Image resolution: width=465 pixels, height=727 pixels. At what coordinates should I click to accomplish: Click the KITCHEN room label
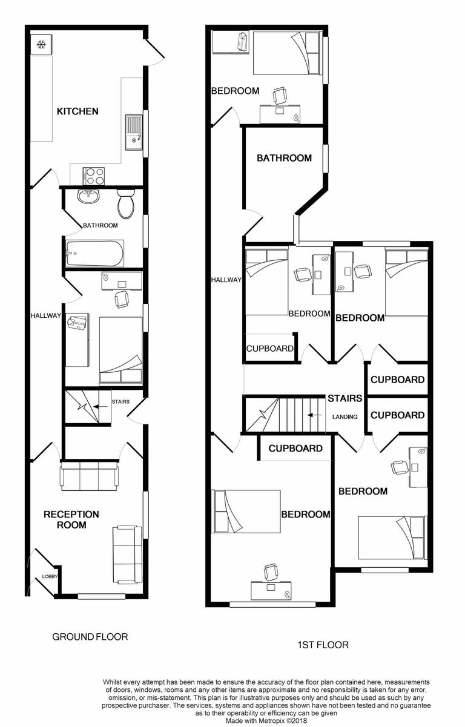tap(77, 111)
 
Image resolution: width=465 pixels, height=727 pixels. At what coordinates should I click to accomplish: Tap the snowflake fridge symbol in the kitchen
tap(42, 44)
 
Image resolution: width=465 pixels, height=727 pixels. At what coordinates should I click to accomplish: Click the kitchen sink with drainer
tap(133, 132)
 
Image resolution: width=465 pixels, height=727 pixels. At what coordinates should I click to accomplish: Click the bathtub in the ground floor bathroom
tap(94, 254)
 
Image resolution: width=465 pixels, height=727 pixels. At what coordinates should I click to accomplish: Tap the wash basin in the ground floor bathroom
tap(88, 196)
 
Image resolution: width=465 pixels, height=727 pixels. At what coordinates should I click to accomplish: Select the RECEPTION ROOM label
tap(71, 519)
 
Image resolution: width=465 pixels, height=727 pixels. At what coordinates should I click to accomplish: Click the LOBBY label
tap(50, 577)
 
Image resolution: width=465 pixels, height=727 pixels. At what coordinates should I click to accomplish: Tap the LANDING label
tap(345, 416)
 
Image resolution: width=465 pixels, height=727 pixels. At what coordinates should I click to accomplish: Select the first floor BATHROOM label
tap(284, 158)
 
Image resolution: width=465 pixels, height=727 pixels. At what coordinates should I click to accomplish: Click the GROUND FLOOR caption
tap(90, 637)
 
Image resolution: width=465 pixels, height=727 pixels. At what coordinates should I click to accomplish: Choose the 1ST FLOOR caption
tap(323, 645)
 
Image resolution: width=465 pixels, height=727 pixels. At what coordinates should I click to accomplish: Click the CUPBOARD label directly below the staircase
tap(295, 449)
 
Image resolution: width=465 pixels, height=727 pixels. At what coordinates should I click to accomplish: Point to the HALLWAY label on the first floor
tap(226, 280)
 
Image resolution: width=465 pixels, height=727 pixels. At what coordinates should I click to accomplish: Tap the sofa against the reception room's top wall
tap(90, 475)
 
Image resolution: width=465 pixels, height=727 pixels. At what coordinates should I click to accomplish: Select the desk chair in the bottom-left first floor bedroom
tap(271, 570)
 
